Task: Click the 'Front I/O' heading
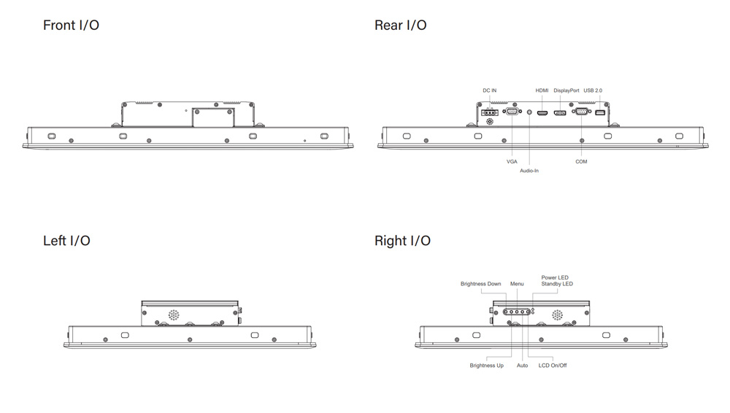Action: coord(71,26)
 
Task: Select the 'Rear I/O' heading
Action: coord(400,26)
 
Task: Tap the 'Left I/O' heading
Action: coord(66,241)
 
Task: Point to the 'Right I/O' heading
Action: coord(402,241)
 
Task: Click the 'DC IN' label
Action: coord(489,90)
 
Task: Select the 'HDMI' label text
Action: coord(542,90)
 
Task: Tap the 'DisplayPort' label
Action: coord(566,90)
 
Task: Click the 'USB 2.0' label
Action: coord(593,90)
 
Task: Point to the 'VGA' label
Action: coord(512,161)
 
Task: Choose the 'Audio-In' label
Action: coord(529,171)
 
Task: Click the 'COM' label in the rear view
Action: coord(581,161)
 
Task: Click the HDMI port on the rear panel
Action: coord(542,112)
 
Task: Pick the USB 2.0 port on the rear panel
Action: coord(600,112)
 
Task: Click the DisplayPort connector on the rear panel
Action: coord(560,112)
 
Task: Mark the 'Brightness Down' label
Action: coord(480,284)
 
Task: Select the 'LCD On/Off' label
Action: coord(552,366)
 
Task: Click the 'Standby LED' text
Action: coord(557,284)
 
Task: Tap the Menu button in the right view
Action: coord(517,311)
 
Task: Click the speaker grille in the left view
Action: coord(174,315)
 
